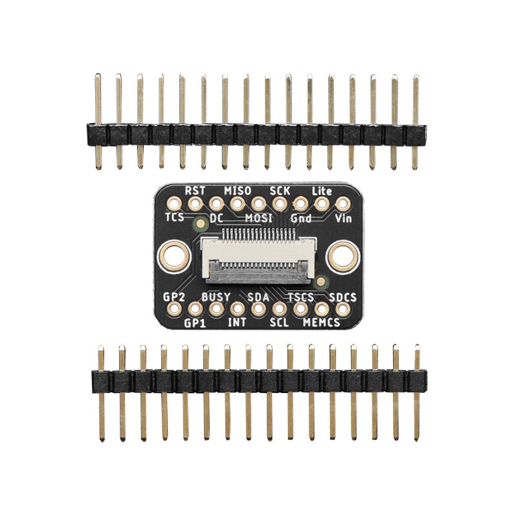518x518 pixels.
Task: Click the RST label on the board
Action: [194, 190]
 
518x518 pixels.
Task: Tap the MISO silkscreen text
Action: [237, 190]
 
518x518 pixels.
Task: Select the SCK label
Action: [280, 190]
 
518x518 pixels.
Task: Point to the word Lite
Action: [322, 190]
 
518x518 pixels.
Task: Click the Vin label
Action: [343, 218]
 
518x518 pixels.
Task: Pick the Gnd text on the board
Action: [301, 218]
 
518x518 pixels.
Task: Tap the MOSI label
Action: [258, 218]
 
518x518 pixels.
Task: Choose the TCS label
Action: [175, 218]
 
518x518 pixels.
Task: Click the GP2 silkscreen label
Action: [175, 297]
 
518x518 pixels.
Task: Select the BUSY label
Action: [216, 297]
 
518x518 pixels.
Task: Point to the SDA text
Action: [258, 297]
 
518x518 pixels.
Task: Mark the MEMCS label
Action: [322, 322]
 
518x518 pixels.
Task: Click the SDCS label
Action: [343, 297]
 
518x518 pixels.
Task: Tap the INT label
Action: [237, 322]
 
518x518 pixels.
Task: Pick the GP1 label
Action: [195, 322]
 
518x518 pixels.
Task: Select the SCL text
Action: [279, 322]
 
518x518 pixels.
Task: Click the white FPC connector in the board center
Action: [258, 260]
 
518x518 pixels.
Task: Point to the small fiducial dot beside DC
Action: [200, 224]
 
